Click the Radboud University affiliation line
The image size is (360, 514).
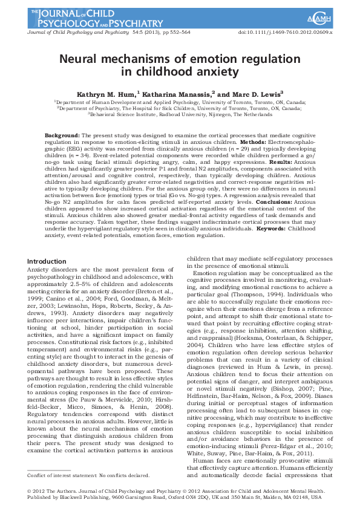coord(180,113)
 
